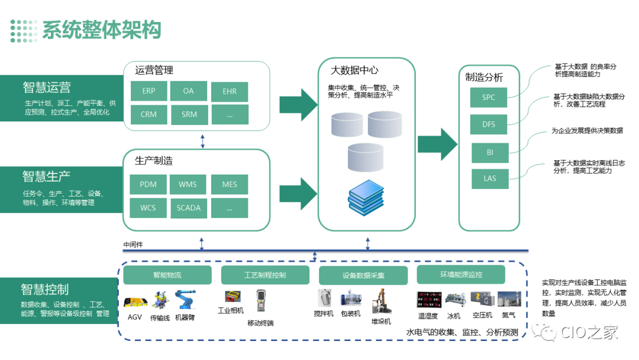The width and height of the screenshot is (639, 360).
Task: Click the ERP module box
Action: (149, 92)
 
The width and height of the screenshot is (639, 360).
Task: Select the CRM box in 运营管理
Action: (149, 114)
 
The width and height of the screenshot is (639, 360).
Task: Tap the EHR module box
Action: (230, 92)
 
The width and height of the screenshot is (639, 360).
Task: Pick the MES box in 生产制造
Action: (230, 185)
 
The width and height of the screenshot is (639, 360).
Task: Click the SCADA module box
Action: (189, 208)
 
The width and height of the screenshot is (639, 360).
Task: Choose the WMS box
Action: (188, 185)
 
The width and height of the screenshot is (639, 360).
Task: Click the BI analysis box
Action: (490, 152)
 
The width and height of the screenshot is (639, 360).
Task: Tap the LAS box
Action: (490, 178)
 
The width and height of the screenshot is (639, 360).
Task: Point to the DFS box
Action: (489, 125)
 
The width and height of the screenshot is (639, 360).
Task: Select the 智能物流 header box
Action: (167, 275)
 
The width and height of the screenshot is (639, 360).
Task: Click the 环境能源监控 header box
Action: (461, 275)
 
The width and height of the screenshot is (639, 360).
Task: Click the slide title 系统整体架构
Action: (101, 30)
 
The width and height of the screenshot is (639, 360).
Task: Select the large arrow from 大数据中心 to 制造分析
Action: (437, 144)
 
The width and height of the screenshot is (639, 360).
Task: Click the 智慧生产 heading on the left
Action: (47, 176)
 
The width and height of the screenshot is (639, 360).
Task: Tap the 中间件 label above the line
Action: (133, 245)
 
